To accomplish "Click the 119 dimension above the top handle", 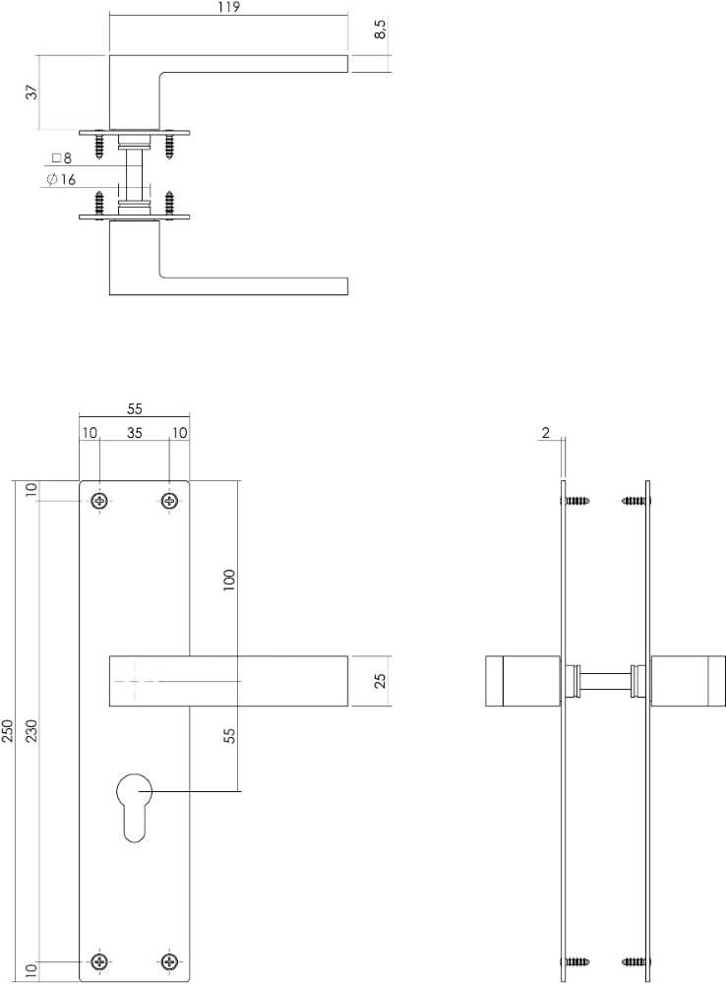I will point(227,7).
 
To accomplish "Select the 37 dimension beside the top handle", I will point(31,92).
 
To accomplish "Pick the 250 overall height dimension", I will point(9,730).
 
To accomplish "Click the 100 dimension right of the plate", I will point(230,579).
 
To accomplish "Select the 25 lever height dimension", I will point(382,680).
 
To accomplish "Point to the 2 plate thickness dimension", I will point(545,432).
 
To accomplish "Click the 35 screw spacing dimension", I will point(135,432).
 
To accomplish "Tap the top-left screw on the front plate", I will point(99,502).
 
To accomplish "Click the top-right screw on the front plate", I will point(170,502).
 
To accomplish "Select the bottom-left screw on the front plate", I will point(99,960).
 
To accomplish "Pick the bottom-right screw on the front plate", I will point(170,960).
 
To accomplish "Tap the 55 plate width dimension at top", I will point(135,410).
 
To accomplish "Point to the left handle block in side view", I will point(522,681).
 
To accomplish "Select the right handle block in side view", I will point(687,681).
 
